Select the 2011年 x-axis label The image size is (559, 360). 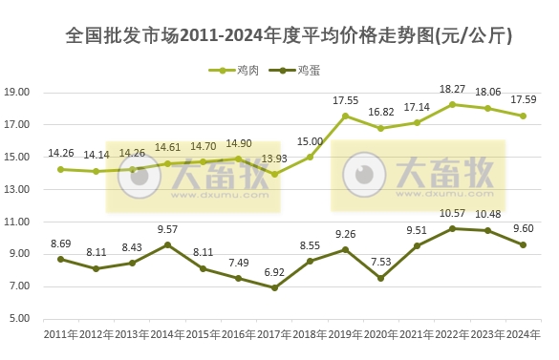(60, 334)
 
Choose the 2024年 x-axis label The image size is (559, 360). (523, 334)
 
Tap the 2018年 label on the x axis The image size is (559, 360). (310, 334)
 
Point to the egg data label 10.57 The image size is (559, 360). (451, 214)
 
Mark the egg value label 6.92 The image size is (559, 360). (275, 273)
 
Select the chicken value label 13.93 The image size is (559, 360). (275, 159)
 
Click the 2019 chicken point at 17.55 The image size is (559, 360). (345, 116)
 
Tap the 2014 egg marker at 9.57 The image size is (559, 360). (167, 244)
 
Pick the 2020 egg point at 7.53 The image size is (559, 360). (381, 278)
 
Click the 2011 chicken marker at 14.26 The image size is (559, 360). (60, 169)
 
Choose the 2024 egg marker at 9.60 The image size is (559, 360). (523, 244)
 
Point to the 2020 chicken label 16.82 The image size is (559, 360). (381, 112)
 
